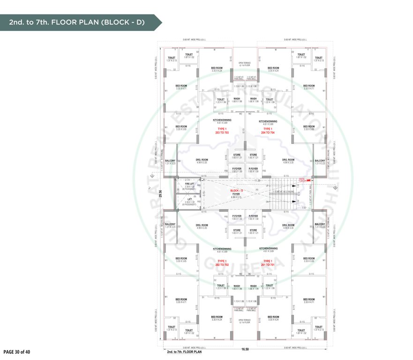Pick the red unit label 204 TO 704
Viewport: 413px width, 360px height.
[268, 133]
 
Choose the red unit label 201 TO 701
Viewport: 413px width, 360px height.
[268, 265]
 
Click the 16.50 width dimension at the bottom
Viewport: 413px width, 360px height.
[245, 349]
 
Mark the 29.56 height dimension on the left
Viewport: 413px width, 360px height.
[160, 194]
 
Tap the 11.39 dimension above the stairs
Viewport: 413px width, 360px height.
[256, 180]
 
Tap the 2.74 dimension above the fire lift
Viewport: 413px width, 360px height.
[188, 180]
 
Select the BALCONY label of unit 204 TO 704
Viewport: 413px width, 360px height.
[320, 160]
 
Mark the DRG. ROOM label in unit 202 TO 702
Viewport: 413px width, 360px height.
[202, 225]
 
